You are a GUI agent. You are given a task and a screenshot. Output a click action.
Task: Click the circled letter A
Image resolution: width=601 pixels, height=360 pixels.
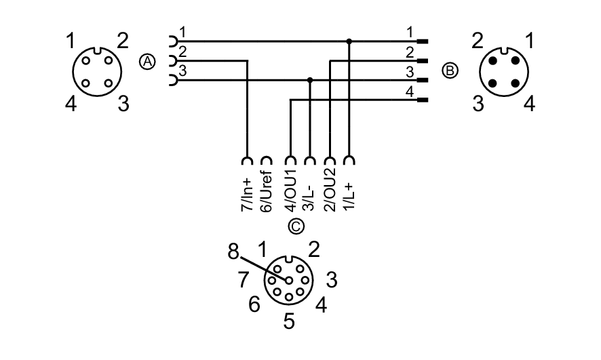point(147,62)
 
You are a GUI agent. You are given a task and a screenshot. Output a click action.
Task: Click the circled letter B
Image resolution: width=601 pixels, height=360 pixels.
point(450,70)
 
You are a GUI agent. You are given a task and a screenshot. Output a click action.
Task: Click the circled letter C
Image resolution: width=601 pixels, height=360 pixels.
point(296,226)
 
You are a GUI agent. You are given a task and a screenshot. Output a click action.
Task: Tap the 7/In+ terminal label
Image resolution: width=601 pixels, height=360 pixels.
point(246,194)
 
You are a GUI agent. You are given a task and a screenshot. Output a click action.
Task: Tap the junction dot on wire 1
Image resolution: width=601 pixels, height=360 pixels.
point(349,41)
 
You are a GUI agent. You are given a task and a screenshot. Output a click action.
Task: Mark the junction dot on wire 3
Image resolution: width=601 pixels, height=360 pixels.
point(310,80)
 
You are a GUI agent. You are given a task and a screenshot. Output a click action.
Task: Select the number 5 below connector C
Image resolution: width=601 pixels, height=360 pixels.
point(289,320)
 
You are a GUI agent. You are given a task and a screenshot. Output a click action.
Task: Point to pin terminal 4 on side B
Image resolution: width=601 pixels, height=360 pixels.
point(423,100)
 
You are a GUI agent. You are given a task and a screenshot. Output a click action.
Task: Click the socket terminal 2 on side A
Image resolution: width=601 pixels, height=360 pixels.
point(172,61)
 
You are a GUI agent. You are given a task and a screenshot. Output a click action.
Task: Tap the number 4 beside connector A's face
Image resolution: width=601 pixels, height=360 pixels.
point(71,104)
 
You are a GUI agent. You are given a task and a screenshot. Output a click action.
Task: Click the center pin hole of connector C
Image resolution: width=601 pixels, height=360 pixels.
point(289,279)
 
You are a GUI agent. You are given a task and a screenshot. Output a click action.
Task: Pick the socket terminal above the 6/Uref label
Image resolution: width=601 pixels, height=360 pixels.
point(267,161)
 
